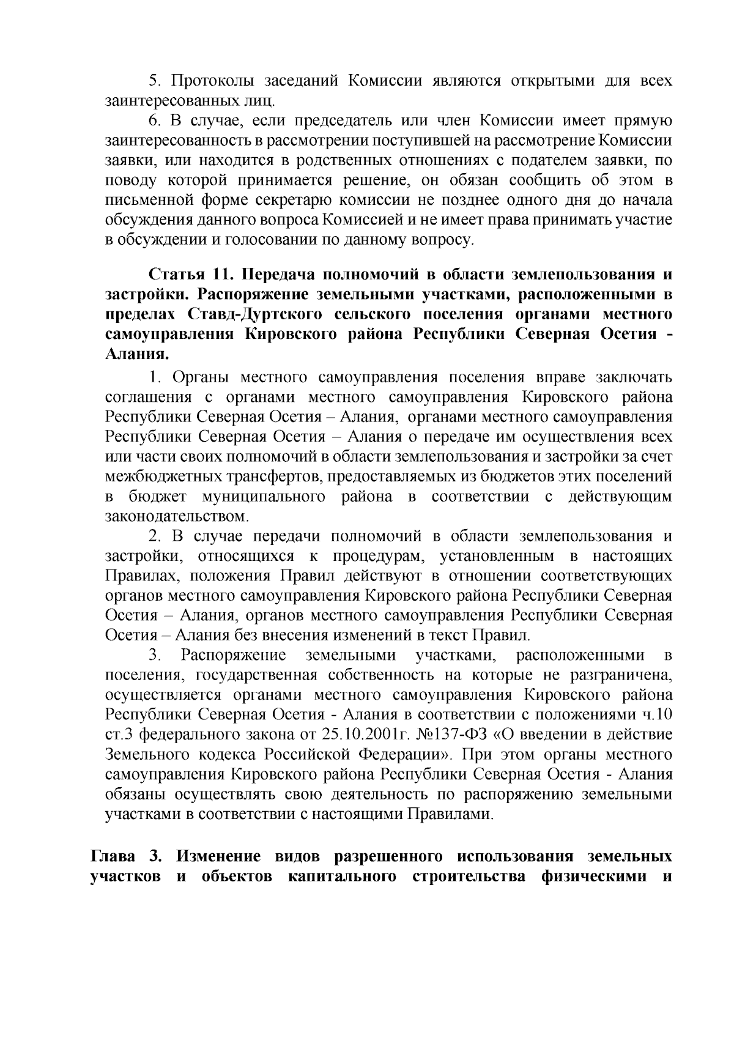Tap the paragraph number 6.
pyautogui.click(x=154, y=120)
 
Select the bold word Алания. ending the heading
pyautogui.click(x=137, y=355)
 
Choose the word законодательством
pyautogui.click(x=177, y=516)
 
